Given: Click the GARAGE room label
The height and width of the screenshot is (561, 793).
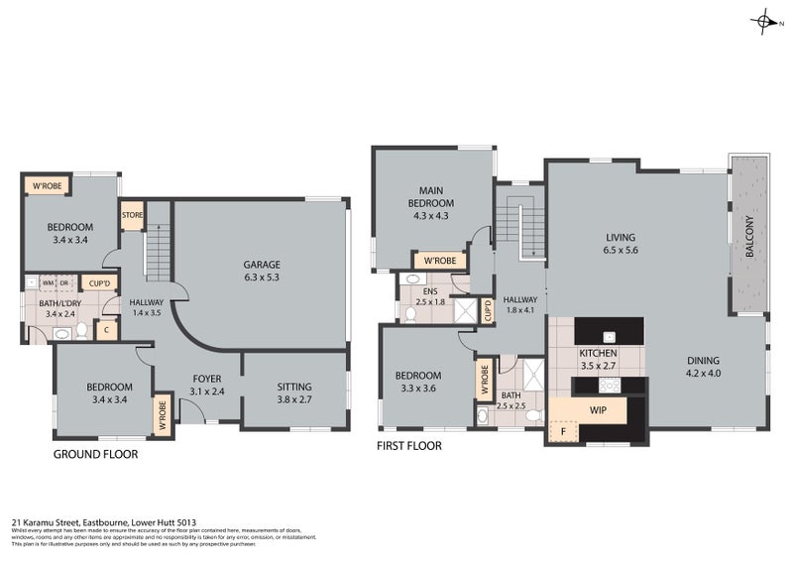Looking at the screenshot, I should point(263,265).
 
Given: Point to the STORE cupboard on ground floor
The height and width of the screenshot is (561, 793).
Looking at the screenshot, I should point(132,215).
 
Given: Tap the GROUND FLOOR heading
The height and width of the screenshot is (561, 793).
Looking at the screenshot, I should point(95,454).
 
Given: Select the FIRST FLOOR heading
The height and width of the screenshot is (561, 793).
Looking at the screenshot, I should point(408,446).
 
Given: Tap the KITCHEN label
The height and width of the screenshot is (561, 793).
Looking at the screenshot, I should point(598,353).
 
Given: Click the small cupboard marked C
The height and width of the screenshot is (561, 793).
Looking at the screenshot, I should point(106,330).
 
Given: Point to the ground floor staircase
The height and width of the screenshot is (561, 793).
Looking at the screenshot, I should point(158,254).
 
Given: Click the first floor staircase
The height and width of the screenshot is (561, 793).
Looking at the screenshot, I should point(520,220).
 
